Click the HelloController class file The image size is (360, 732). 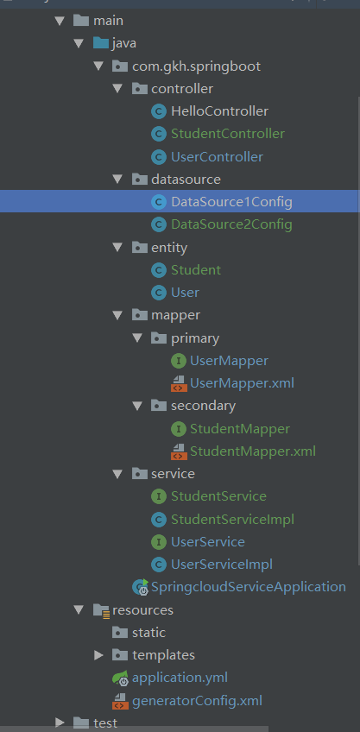coord(219,111)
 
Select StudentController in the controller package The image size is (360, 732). coord(228,134)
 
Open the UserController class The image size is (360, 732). coord(217,157)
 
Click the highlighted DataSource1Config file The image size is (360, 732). coord(231,202)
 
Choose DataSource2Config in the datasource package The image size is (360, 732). coord(231,224)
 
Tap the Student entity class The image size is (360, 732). coord(196,270)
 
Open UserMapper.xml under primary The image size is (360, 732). coord(242,383)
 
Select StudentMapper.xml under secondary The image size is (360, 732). coord(253,451)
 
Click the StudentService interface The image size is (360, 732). coord(218,495)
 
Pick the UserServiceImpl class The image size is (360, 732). coord(222,565)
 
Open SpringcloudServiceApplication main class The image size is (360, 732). coord(249,587)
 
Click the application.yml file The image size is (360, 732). coord(180,678)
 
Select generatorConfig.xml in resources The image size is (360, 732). coord(197,701)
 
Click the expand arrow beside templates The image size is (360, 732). coord(98,655)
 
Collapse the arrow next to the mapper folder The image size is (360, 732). coord(117,316)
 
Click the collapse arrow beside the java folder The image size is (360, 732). coord(79,43)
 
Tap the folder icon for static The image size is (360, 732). coord(120,633)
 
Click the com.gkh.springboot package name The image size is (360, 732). coord(197,66)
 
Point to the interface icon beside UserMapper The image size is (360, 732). coord(179,361)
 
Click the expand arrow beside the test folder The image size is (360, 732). coord(60,723)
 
